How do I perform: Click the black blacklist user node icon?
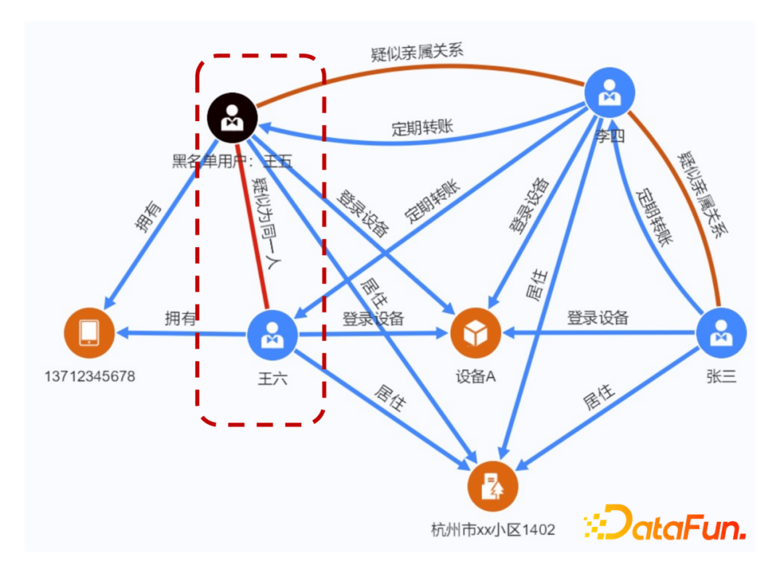(x=232, y=117)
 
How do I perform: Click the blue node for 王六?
(x=273, y=334)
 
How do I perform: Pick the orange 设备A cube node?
(x=476, y=334)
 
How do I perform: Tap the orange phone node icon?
(x=89, y=333)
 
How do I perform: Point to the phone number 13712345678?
(x=89, y=377)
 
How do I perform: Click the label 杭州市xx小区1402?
(x=492, y=530)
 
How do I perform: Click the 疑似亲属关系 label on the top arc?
(x=417, y=52)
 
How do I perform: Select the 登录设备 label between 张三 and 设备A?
(x=597, y=317)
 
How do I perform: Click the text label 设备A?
(x=475, y=377)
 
